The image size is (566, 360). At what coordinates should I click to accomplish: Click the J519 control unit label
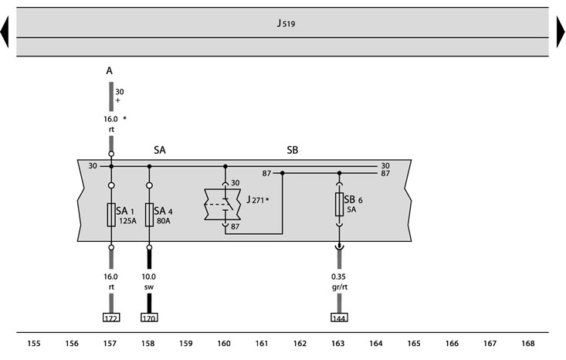pos(286,23)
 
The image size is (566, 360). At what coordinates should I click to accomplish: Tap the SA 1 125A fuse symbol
pos(111,215)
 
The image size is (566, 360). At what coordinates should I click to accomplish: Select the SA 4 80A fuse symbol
pos(149,215)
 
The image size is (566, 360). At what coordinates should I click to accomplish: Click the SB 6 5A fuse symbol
pos(339,205)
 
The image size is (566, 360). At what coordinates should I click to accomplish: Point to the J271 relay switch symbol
pos(222,205)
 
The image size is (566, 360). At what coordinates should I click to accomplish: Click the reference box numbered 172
pos(111,318)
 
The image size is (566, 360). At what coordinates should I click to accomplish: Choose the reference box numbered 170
pos(149,318)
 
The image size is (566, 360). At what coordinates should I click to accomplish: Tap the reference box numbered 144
pos(339,318)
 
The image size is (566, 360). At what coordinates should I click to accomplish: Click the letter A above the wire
pos(110,71)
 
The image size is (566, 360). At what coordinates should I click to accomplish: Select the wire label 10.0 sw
pos(149,282)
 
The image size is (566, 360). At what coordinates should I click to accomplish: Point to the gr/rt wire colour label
pos(339,287)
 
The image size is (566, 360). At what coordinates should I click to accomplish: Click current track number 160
pos(224,343)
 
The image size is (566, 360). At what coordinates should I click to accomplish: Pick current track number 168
pos(527,343)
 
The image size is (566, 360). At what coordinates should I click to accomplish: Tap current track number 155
pos(34,343)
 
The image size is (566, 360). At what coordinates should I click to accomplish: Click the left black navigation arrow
pos(5,32)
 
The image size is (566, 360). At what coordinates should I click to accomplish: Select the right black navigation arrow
pos(561,32)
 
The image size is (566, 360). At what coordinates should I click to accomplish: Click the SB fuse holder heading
pos(293,150)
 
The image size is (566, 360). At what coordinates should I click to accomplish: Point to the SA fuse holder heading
pos(160,150)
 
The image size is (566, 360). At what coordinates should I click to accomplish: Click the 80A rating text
pos(164,221)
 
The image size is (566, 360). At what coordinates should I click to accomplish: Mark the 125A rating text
pos(127,221)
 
